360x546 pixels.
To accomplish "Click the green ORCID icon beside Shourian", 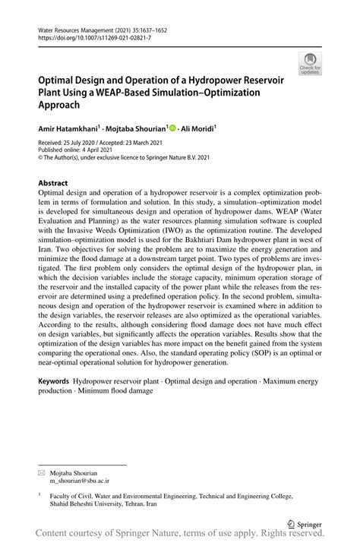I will coord(172,129).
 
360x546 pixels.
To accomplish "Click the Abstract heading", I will coord(52,183).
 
